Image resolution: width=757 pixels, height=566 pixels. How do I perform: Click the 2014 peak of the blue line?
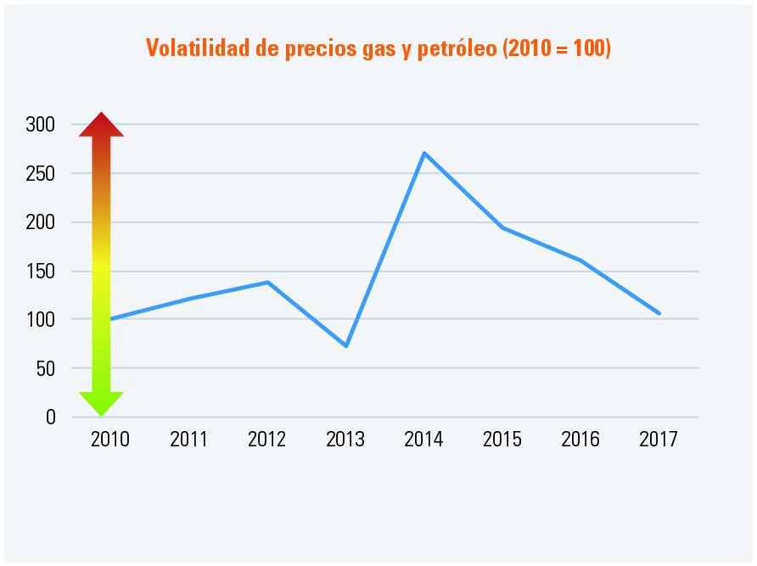coord(424,153)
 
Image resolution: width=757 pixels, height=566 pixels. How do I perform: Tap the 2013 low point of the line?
coord(346,345)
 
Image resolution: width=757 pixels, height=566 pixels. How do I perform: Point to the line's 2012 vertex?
coord(268,282)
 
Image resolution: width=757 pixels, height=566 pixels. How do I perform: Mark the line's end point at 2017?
coord(659,313)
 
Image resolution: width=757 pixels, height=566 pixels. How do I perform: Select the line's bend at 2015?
coord(502,227)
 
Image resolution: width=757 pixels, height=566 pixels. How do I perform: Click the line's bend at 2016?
coord(581,261)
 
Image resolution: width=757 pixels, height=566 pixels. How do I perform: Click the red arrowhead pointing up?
coord(102,125)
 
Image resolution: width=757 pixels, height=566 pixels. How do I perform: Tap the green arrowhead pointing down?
coord(102,403)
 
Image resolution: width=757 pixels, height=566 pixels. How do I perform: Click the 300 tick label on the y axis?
coord(40,125)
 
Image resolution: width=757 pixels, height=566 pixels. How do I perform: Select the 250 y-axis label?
coord(40,173)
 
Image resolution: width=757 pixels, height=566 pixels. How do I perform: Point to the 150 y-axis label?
coord(40,272)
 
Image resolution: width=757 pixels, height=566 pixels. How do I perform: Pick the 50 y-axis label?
coord(45,368)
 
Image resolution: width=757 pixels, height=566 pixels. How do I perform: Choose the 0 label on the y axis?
coord(50,417)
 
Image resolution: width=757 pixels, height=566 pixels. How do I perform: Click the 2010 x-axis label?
coord(110,440)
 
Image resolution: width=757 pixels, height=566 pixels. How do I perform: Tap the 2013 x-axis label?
coord(345,440)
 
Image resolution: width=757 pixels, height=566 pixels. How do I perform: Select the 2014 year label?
coord(423,440)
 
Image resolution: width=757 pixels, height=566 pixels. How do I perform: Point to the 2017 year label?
coord(659,440)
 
